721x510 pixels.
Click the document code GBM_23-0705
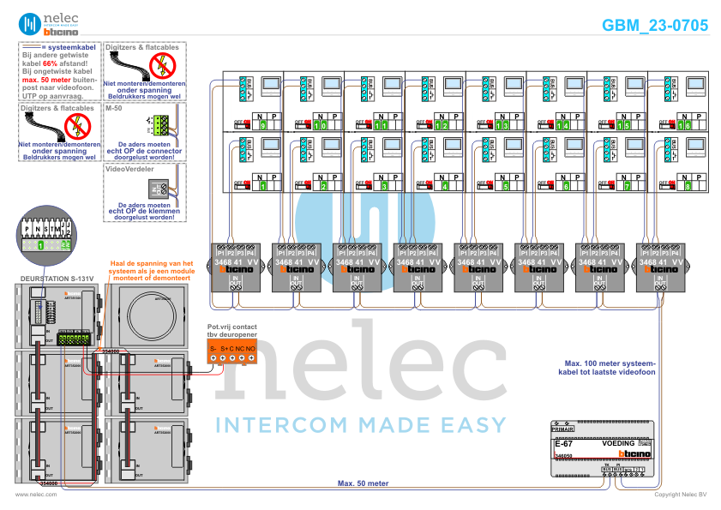pyautogui.click(x=655, y=26)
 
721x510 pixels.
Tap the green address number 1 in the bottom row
pyautogui.click(x=262, y=185)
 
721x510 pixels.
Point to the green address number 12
pyautogui.click(x=443, y=125)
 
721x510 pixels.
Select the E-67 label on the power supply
pyautogui.click(x=563, y=444)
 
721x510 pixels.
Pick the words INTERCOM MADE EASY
pyautogui.click(x=360, y=424)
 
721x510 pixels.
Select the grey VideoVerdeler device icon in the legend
pyautogui.click(x=159, y=189)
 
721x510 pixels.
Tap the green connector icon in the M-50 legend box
pyautogui.click(x=160, y=125)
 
